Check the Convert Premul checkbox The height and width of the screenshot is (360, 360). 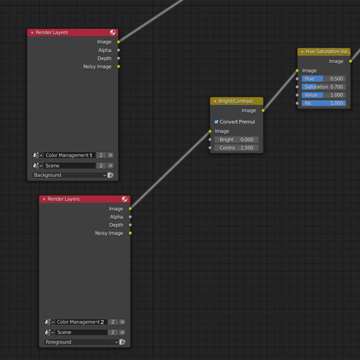pyautogui.click(x=216, y=121)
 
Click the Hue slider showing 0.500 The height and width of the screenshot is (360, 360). pyautogui.click(x=324, y=79)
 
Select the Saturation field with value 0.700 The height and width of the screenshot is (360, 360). pyautogui.click(x=324, y=87)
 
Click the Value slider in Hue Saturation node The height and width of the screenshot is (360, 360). pyautogui.click(x=324, y=95)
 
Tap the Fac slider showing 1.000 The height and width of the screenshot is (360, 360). pyautogui.click(x=324, y=103)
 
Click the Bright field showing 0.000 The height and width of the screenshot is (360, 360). pyautogui.click(x=236, y=140)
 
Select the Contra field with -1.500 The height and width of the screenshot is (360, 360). pyautogui.click(x=236, y=148)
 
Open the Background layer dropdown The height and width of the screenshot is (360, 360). pyautogui.click(x=69, y=175)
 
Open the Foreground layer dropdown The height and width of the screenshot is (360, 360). pyautogui.click(x=81, y=342)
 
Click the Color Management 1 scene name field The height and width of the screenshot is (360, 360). pyautogui.click(x=69, y=155)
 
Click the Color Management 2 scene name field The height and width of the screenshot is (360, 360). pyautogui.click(x=81, y=322)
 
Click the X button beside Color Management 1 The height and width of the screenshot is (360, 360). pyautogui.click(x=111, y=155)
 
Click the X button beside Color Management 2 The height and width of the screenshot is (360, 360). pyautogui.click(x=122, y=322)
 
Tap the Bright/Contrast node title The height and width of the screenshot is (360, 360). pyautogui.click(x=235, y=101)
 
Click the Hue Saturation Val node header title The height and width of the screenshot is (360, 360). pyautogui.click(x=328, y=51)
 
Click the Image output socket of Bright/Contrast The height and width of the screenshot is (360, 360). pyautogui.click(x=263, y=111)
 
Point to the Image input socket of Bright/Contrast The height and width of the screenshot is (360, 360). pyautogui.click(x=210, y=131)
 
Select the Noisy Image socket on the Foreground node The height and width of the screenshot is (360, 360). pyautogui.click(x=130, y=233)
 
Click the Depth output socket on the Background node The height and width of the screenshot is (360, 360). pyautogui.click(x=118, y=58)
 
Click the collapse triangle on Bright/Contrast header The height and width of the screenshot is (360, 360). pyautogui.click(x=215, y=101)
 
